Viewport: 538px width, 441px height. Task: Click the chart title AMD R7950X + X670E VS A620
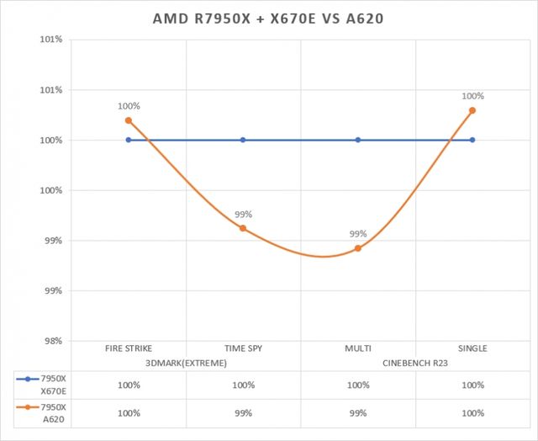coord(269,18)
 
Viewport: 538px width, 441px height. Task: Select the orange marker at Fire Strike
coord(129,120)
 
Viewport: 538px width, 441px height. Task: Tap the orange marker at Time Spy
coord(243,228)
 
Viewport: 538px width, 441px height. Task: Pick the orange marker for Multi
coord(358,248)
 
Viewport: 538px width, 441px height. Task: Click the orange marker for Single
coord(472,110)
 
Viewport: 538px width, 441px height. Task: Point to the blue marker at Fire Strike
coord(129,140)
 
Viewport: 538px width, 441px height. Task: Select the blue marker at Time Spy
coord(243,140)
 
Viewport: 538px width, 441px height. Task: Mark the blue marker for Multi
coord(358,140)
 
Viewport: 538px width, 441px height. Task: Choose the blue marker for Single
coord(472,140)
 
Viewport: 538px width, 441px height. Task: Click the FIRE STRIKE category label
coord(129,348)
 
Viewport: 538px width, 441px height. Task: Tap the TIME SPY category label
coord(243,348)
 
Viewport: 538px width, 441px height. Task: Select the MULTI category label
coord(358,348)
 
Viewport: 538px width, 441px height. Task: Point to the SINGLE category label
coord(472,348)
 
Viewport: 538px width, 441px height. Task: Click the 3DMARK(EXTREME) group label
coord(186,363)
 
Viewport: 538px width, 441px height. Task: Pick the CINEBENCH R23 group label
coord(415,363)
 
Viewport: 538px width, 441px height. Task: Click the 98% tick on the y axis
coord(51,341)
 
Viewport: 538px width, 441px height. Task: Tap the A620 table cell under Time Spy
coord(243,413)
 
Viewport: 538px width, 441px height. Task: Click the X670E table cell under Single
coord(472,385)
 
